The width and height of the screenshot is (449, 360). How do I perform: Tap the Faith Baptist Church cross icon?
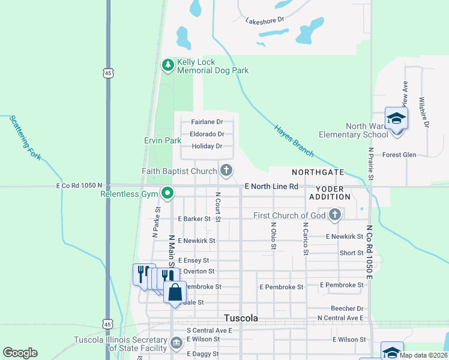(x=226, y=171)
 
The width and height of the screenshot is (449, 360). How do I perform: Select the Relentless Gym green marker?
(x=168, y=193)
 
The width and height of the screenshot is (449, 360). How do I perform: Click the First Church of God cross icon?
(x=335, y=215)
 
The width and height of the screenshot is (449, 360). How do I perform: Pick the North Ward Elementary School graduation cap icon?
(x=396, y=118)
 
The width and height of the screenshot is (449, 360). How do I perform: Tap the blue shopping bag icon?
(x=175, y=293)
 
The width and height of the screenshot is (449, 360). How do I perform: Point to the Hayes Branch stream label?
(x=294, y=140)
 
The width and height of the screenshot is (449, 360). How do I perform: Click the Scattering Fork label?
(x=24, y=137)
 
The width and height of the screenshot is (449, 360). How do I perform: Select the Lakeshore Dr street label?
(x=264, y=20)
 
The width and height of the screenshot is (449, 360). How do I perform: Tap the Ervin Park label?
(x=163, y=140)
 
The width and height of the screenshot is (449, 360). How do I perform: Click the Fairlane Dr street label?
(x=207, y=122)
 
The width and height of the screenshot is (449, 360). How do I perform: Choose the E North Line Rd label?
(x=271, y=187)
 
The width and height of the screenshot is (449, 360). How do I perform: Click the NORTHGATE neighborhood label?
(x=318, y=172)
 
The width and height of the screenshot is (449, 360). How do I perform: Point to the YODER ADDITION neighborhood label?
(x=330, y=192)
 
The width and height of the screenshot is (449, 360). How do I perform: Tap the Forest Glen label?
(x=399, y=155)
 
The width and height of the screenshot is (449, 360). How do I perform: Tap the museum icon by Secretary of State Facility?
(x=176, y=343)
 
